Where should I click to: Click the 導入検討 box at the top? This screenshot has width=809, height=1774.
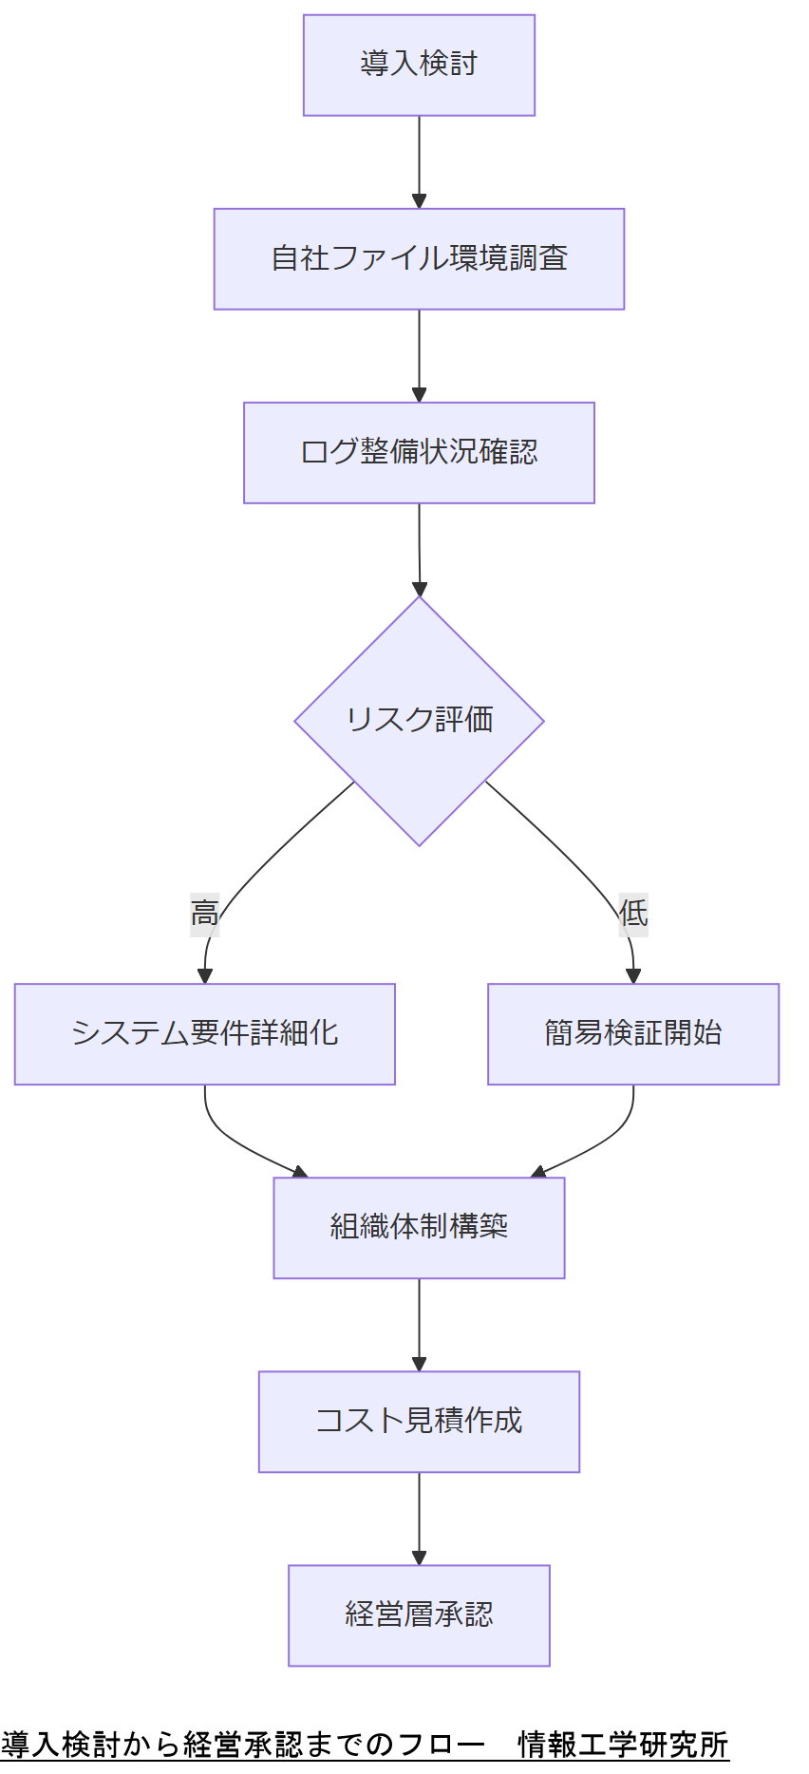pos(419,65)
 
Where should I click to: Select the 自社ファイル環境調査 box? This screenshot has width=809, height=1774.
pos(419,258)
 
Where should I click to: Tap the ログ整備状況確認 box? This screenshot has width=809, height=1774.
pos(419,452)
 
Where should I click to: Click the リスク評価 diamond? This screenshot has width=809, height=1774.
pos(419,720)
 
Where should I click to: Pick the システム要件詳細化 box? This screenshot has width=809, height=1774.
pos(204,1033)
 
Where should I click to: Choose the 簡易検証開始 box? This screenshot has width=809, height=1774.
pos(632,1033)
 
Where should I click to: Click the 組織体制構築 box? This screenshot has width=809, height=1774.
pos(419,1227)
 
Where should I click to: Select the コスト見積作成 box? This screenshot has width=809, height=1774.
pos(419,1421)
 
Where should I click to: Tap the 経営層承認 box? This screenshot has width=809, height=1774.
pos(419,1614)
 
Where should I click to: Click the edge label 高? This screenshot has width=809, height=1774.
pos(204,914)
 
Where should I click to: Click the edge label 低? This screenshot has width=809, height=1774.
pos(633,914)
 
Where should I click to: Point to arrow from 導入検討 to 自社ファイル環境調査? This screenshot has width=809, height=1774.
pos(419,161)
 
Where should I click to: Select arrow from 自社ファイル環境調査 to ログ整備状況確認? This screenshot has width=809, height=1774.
pos(419,355)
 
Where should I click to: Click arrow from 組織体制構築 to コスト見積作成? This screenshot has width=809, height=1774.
pos(419,1324)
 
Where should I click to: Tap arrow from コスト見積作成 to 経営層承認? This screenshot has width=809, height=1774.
pos(419,1518)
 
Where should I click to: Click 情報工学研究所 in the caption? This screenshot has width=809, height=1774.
pos(623,1744)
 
